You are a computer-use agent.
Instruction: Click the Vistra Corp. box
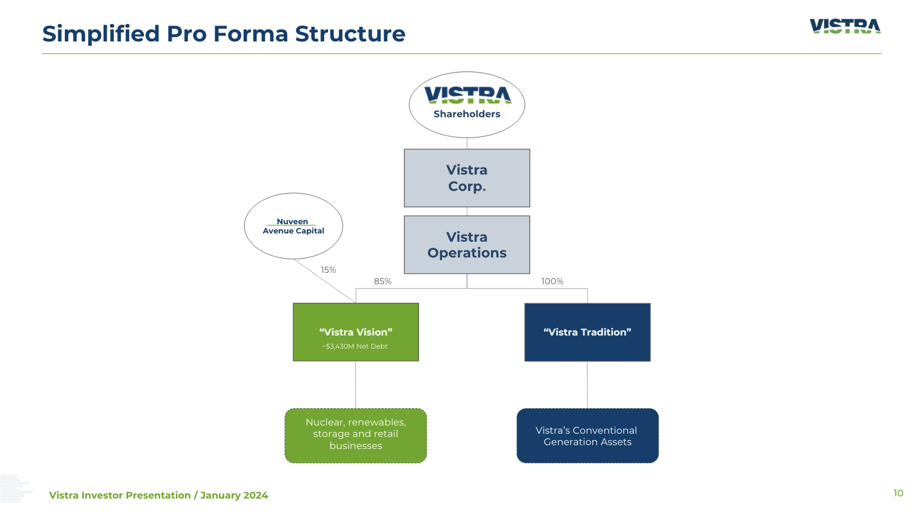tap(466, 178)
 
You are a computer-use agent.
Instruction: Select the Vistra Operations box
tap(466, 244)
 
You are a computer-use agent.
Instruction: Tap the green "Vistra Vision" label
tap(355, 332)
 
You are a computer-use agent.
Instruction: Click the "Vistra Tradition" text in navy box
tap(587, 332)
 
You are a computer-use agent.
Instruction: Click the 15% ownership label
tap(328, 270)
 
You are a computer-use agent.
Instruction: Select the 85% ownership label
tap(383, 282)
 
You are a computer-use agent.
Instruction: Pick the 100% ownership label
tap(552, 282)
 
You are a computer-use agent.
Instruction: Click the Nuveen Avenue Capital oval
tap(293, 226)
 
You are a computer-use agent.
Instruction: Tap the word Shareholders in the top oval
tap(466, 114)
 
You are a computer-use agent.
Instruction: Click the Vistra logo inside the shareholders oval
tap(468, 95)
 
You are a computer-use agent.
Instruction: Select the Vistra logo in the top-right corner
tap(845, 26)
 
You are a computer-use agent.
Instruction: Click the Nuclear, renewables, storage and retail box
tap(355, 434)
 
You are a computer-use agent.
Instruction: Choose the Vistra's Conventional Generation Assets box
tap(587, 436)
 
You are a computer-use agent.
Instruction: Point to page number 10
tap(898, 493)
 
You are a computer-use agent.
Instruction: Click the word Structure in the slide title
tap(350, 34)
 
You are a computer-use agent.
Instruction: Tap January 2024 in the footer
tap(234, 495)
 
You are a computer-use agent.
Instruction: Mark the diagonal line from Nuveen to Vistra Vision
tap(324, 280)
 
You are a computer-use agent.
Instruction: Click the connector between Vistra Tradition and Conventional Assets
tap(587, 385)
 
